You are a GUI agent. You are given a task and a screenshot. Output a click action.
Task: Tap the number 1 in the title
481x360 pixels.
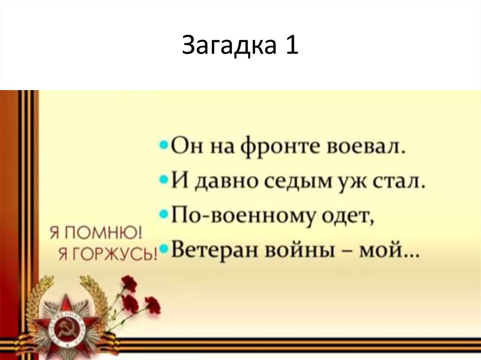(290, 46)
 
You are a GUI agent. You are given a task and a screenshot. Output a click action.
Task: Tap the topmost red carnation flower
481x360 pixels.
(129, 283)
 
